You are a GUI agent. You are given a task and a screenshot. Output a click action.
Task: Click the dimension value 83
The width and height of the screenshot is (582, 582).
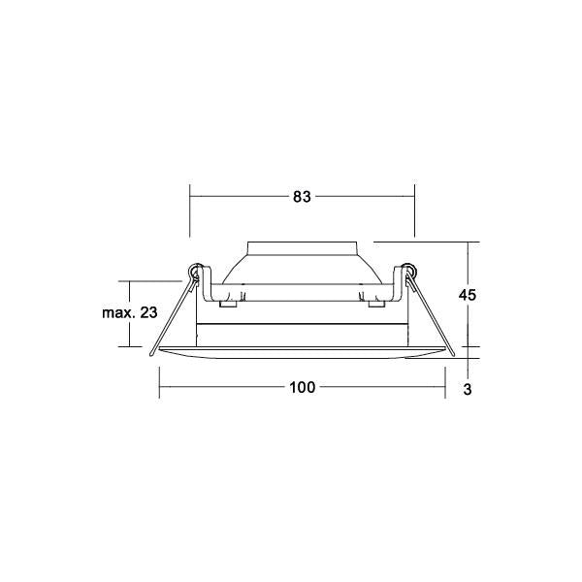[302, 197]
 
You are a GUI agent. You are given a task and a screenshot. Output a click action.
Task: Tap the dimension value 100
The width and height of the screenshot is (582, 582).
[302, 387]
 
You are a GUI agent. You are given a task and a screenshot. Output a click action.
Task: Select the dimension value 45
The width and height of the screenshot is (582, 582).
[467, 295]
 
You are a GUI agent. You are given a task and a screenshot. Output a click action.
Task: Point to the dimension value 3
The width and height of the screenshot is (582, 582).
[468, 389]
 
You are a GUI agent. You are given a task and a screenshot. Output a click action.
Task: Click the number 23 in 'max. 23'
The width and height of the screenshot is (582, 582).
[148, 312]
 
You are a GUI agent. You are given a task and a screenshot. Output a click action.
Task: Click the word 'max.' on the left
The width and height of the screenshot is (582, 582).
[118, 313]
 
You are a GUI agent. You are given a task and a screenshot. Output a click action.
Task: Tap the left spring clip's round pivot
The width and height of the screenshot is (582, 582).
[195, 270]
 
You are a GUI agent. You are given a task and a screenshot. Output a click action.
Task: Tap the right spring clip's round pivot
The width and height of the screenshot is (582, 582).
[409, 270]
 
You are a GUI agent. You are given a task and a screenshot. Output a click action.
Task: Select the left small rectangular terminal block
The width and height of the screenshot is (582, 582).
[228, 304]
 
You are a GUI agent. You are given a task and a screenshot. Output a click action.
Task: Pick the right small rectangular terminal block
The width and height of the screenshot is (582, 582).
[376, 304]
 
